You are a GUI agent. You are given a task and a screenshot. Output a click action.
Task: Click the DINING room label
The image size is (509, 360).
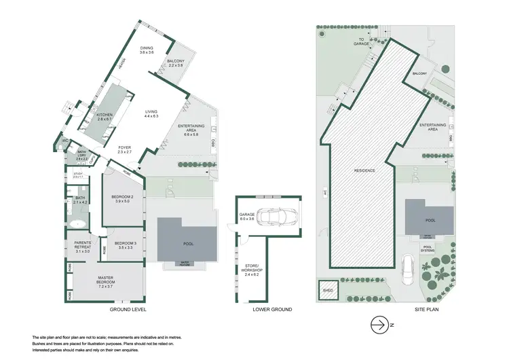tap(147, 50)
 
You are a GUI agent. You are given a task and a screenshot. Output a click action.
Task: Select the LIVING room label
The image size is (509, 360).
tap(151, 114)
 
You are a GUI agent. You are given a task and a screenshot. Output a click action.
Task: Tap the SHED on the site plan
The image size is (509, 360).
tap(329, 290)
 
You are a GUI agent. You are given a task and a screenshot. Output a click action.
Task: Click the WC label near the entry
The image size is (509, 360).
tap(66, 141)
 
